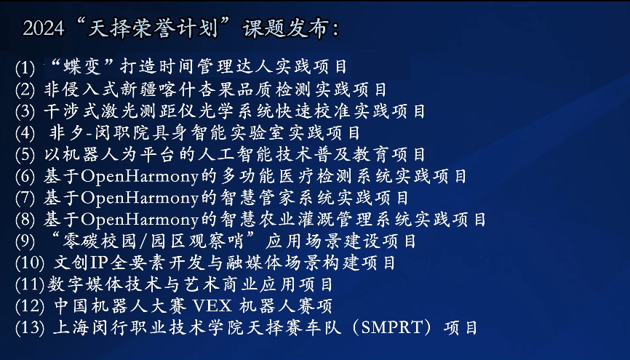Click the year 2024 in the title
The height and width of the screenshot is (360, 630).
[x=44, y=28]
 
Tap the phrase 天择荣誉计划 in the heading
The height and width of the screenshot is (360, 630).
[x=153, y=28]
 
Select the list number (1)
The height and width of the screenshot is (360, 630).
[x=25, y=68]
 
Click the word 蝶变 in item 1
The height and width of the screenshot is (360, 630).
[x=82, y=67]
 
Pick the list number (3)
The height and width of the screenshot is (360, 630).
[x=25, y=111]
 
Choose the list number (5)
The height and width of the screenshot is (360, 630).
[x=25, y=155]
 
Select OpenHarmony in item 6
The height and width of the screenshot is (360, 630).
[x=140, y=177]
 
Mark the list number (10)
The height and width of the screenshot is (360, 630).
[x=30, y=263]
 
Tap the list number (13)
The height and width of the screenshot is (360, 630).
[x=30, y=328]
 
